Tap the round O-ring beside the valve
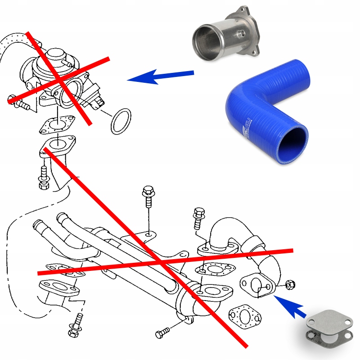(121, 121)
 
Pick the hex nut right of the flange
(289, 284)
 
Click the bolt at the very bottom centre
(162, 334)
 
